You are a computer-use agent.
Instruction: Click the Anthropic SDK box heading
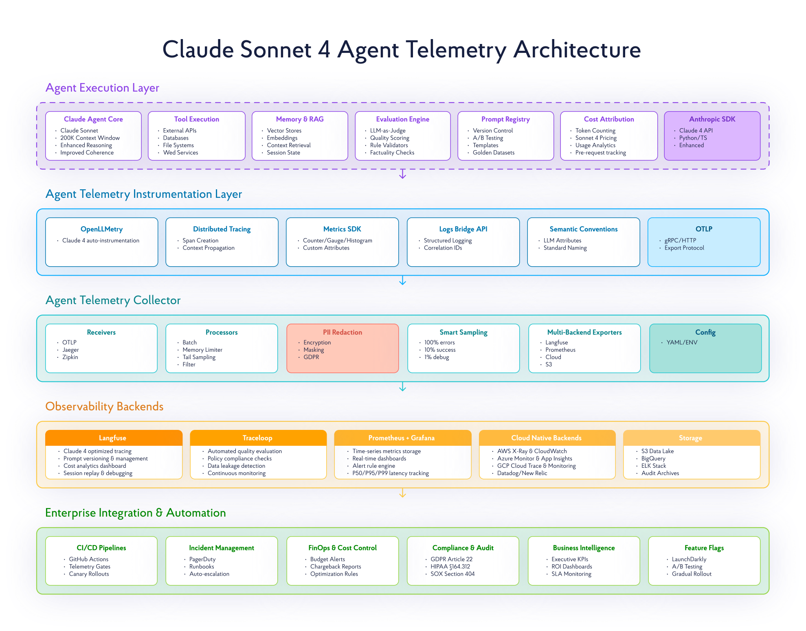pos(712,119)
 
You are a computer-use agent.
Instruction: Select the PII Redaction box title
pos(342,332)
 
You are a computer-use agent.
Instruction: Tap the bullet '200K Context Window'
pos(90,138)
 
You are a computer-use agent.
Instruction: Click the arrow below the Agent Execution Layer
pos(402,174)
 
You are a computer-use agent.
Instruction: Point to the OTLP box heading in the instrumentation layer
pos(704,229)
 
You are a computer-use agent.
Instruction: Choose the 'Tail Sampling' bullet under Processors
pos(199,357)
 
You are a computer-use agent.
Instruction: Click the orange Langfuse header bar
pos(113,438)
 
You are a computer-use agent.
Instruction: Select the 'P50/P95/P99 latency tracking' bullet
pos(390,473)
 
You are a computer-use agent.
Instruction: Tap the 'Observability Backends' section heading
pos(104,406)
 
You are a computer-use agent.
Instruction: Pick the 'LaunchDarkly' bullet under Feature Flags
pos(689,559)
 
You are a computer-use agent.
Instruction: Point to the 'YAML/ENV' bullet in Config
pos(682,342)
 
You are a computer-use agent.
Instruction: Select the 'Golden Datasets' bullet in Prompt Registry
pos(493,153)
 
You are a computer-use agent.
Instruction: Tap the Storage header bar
pos(690,438)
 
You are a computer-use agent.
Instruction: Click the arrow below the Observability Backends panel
pos(402,493)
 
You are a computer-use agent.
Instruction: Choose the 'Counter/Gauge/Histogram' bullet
pos(337,241)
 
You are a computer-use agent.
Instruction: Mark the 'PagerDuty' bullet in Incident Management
pos(202,559)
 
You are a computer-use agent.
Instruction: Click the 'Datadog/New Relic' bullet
pos(522,473)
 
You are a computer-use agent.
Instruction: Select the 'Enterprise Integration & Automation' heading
pos(136,513)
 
